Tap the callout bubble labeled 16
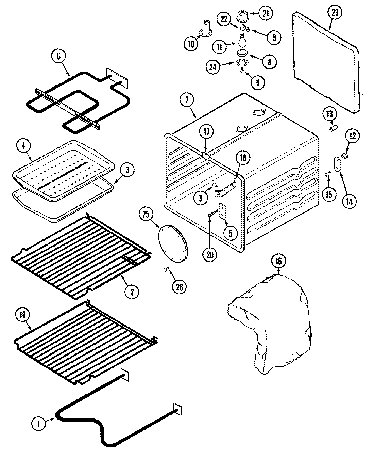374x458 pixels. [278, 262]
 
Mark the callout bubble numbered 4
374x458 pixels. [23, 146]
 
